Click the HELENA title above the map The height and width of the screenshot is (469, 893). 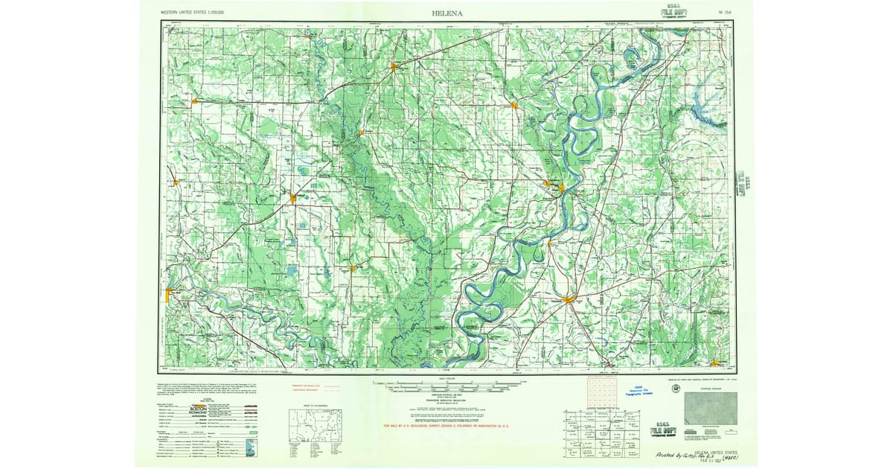coord(446,13)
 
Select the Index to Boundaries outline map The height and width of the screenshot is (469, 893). coord(317,427)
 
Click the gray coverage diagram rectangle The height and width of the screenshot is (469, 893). coord(710,409)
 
